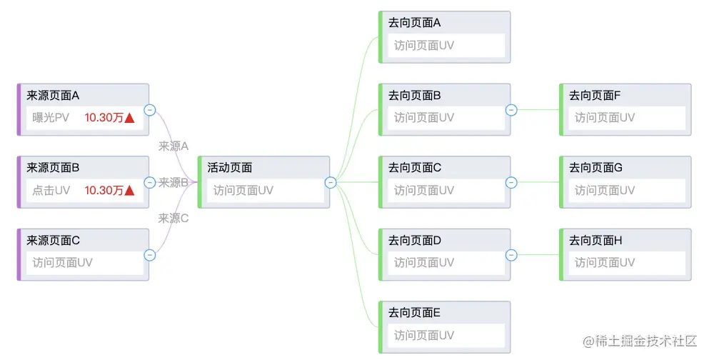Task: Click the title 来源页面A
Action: [x=53, y=95]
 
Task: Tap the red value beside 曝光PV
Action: [x=104, y=118]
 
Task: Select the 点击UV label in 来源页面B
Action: [x=51, y=190]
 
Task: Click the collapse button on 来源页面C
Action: [x=150, y=254]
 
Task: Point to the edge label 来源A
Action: [x=173, y=146]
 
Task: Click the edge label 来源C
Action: [x=173, y=219]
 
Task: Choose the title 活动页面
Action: [x=229, y=168]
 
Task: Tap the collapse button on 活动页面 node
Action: [x=331, y=182]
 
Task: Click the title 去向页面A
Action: [x=414, y=23]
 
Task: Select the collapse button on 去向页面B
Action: [x=511, y=109]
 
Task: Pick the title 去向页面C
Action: [x=414, y=168]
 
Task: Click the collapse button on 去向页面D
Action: [x=511, y=255]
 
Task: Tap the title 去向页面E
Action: [x=414, y=313]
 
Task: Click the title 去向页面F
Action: [x=595, y=95]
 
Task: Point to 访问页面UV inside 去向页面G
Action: [x=604, y=190]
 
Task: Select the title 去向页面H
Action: [x=595, y=241]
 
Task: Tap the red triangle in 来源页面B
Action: [x=129, y=190]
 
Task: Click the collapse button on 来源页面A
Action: [x=150, y=109]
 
